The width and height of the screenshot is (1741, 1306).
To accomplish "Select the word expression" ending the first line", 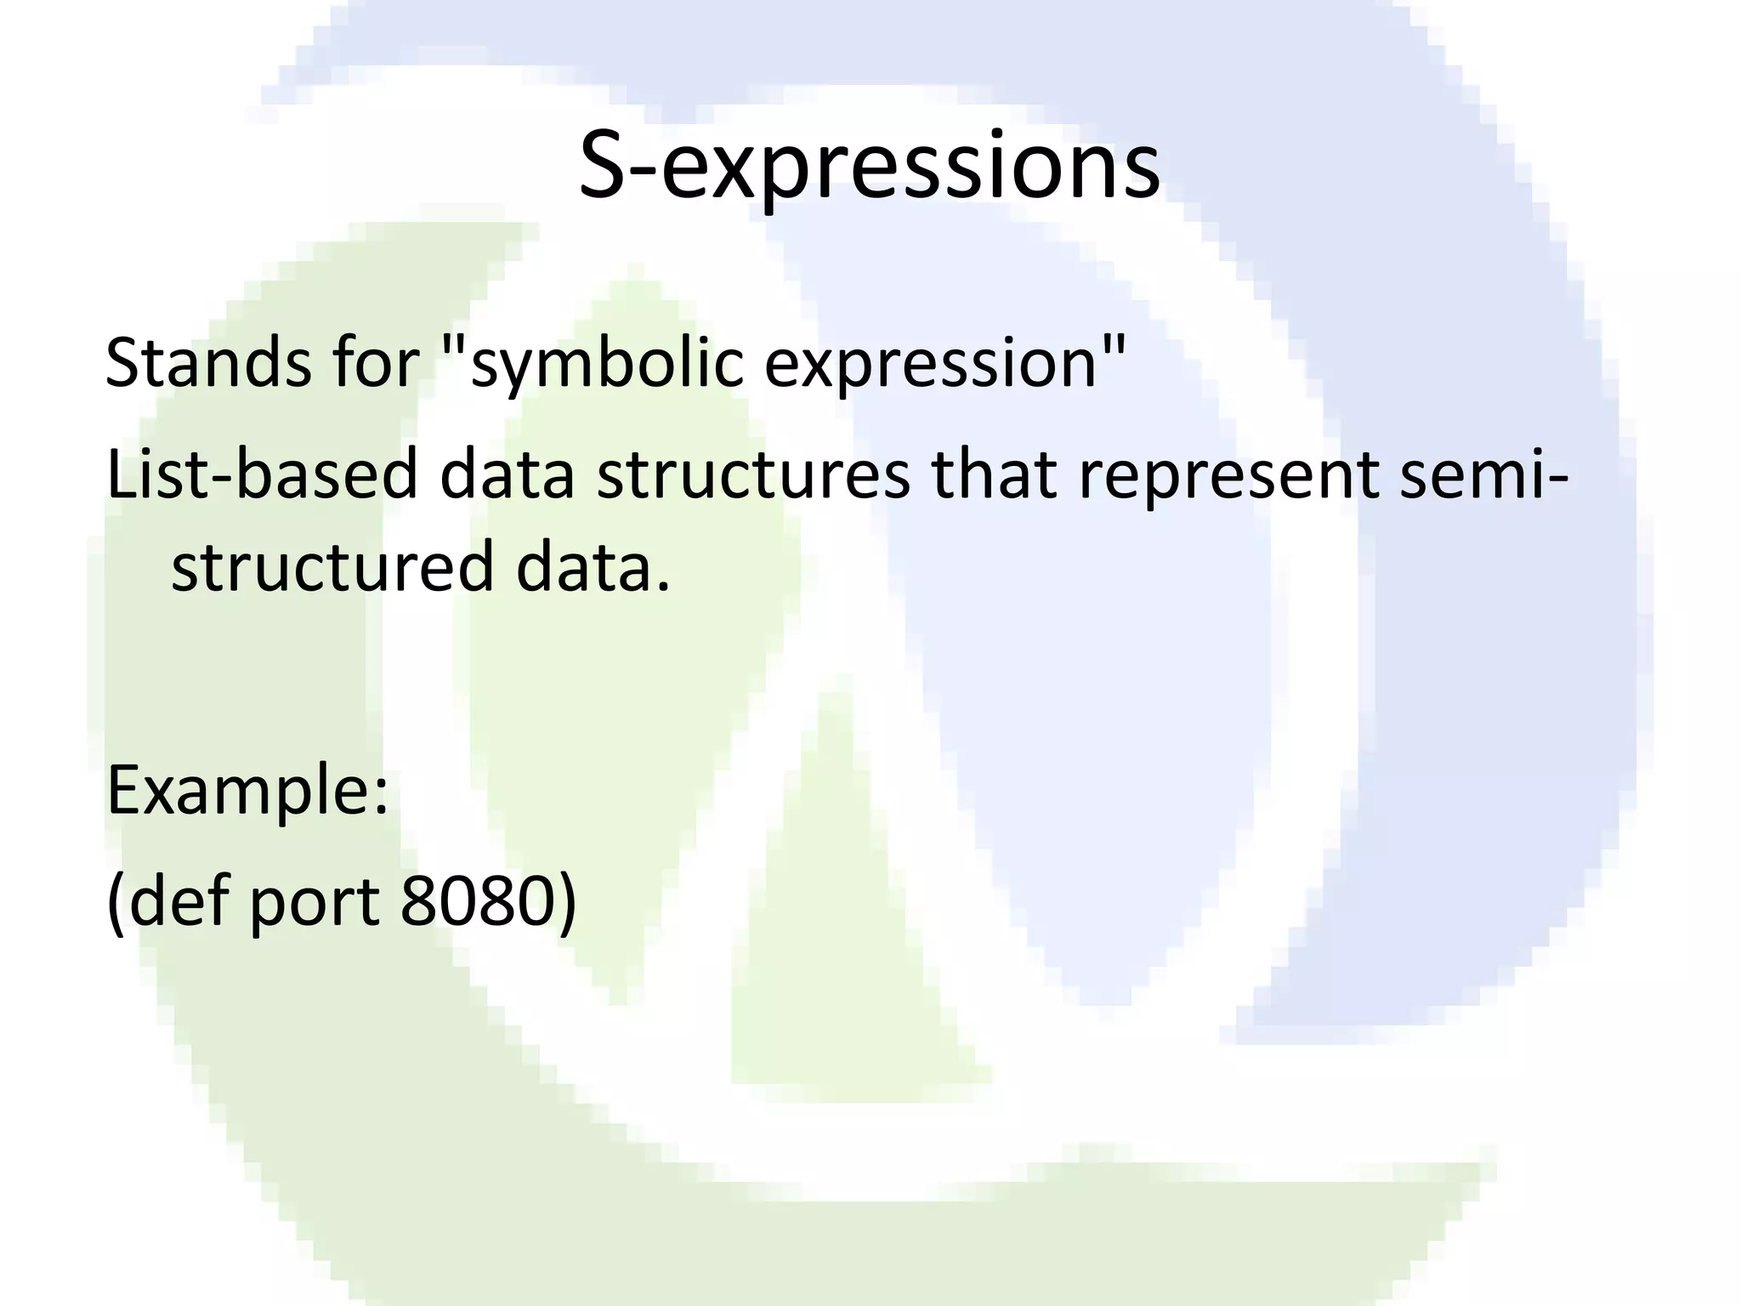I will pyautogui.click(x=944, y=363).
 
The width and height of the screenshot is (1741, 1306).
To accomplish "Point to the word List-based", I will pyautogui.click(x=262, y=474).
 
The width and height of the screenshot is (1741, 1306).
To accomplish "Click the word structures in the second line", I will pyautogui.click(x=752, y=474).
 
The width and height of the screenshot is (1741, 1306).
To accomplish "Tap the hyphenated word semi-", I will pyautogui.click(x=1483, y=474).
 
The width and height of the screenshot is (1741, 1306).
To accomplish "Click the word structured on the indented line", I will pyautogui.click(x=332, y=567).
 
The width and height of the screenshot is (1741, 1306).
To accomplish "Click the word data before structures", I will pyautogui.click(x=507, y=474).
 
